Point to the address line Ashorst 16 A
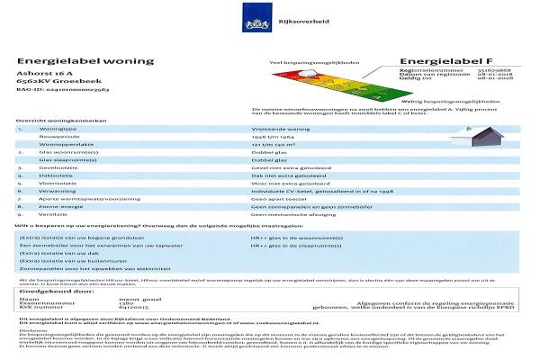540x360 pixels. pos(40,73)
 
